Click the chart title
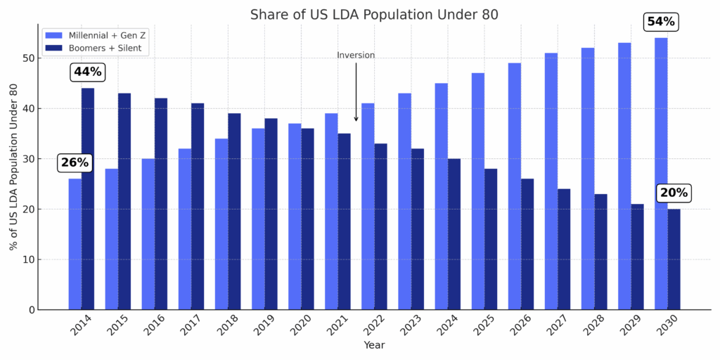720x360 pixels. (374, 15)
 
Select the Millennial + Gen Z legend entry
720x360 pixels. (95, 34)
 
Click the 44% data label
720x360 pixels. (87, 72)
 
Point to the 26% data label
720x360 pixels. (75, 162)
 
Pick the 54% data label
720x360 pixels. (660, 22)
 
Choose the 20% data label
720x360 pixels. (674, 193)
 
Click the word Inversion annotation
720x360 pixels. (356, 56)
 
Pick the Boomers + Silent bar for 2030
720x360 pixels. (674, 259)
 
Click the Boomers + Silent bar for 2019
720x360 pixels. (271, 214)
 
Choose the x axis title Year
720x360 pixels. (374, 346)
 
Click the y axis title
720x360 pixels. (13, 167)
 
